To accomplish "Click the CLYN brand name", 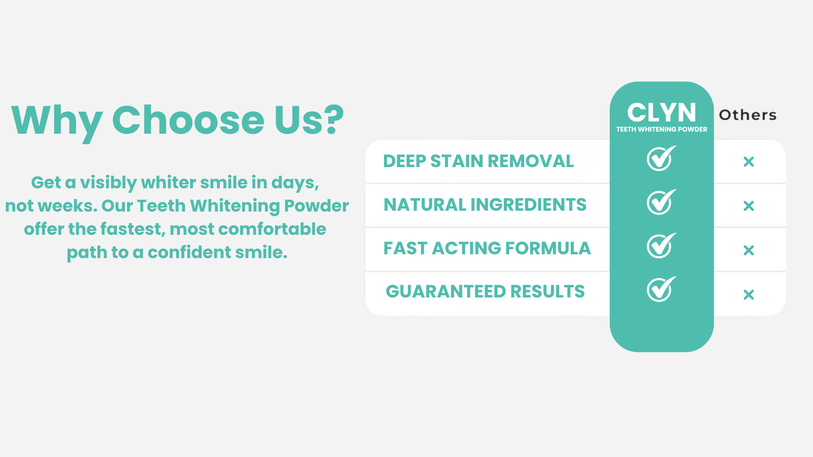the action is (x=661, y=113).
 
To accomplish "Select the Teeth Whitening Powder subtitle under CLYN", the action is (x=661, y=129).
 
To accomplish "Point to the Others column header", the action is (x=748, y=115).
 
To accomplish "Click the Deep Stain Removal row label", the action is (x=478, y=161).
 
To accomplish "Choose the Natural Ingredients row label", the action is (x=485, y=205).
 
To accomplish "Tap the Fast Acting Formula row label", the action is (x=487, y=248).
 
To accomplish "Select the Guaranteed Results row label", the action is (x=485, y=292).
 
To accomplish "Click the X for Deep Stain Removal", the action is (x=749, y=162).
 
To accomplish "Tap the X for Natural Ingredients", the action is (x=749, y=206).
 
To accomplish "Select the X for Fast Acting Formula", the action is (x=749, y=251).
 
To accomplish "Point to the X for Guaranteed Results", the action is (x=749, y=295).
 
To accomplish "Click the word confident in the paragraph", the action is (x=189, y=253).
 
